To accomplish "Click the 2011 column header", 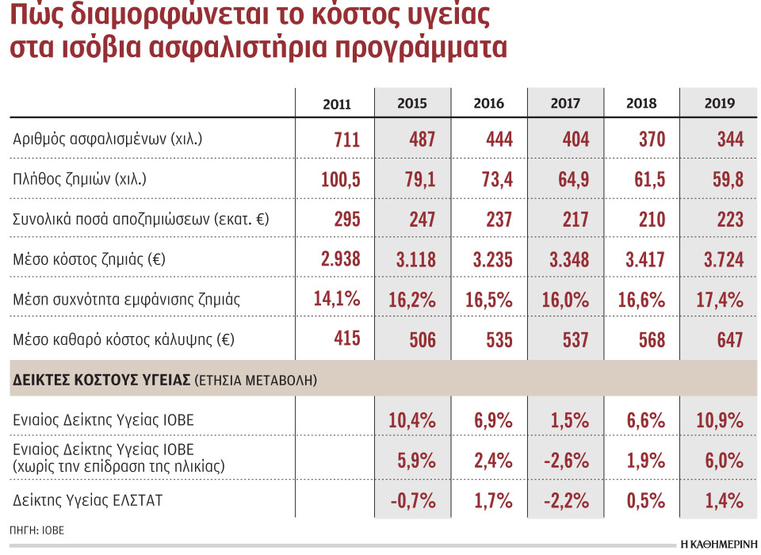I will coord(337,104).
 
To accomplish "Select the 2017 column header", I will coord(565,104).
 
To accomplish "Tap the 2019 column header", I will coord(719,104).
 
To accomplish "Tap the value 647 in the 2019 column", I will coord(727,339).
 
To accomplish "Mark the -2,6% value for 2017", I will coord(568,460).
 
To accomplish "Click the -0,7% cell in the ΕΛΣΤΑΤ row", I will coord(412,500).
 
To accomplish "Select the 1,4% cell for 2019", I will coord(724,500).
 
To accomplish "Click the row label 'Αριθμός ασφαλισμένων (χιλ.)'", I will coord(108,140).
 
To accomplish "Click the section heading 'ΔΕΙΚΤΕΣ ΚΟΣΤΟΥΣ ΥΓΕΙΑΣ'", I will coord(102,381).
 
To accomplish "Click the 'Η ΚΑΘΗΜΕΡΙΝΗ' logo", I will coord(717,545).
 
